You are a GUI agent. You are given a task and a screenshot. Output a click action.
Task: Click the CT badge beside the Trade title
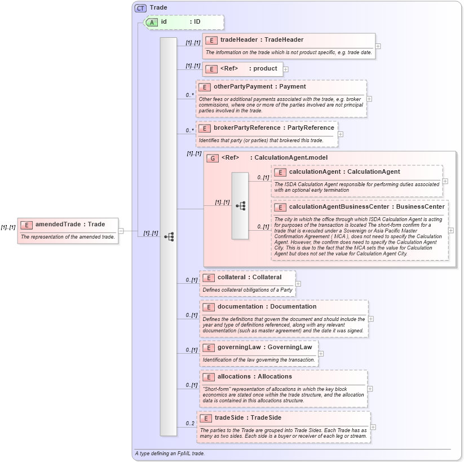(141, 8)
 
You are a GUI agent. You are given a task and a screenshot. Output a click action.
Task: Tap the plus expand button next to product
(286, 69)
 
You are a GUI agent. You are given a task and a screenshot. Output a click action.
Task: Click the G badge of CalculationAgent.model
(213, 158)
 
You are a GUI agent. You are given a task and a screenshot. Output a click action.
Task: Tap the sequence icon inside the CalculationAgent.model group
(240, 206)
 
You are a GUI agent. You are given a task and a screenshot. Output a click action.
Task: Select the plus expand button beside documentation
(371, 319)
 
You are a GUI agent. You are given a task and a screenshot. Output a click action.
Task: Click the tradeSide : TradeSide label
(248, 417)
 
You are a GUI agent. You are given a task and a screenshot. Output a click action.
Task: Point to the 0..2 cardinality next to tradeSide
(190, 423)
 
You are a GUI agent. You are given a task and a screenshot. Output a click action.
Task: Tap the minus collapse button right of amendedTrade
(121, 231)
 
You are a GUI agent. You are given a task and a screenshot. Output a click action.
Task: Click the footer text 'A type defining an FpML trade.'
(170, 453)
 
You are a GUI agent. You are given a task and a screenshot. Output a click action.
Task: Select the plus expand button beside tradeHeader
(378, 46)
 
